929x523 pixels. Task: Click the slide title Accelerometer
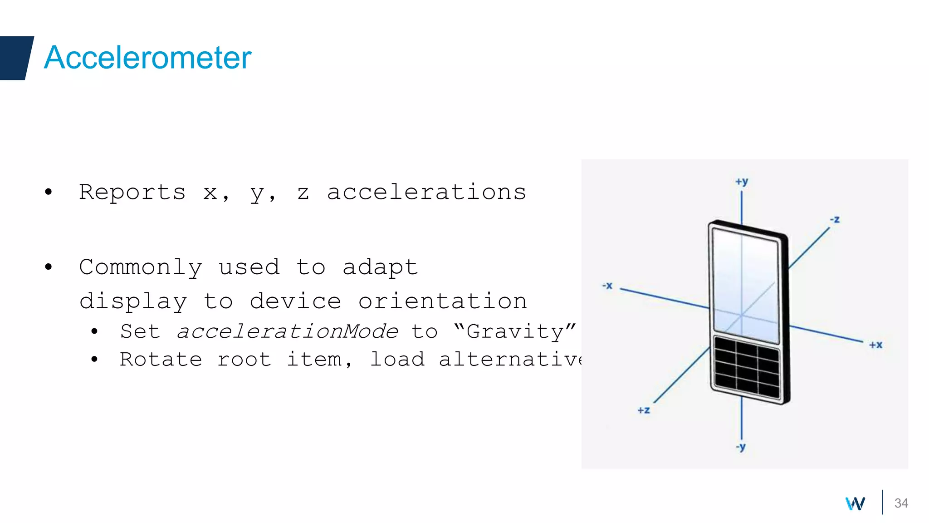coord(147,58)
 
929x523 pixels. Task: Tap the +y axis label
coord(742,182)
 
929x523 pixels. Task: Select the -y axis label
coord(741,447)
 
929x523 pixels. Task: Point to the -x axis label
coord(607,286)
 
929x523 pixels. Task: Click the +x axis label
coord(875,345)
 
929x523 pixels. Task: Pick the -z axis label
coord(835,220)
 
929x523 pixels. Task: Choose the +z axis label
coord(644,410)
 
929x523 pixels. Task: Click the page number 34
coord(901,503)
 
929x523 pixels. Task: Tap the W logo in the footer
coord(855,503)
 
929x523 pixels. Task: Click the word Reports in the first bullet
coord(132,192)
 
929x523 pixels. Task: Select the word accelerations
coord(426,192)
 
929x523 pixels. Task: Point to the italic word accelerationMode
coord(287,331)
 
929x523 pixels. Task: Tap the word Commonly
coord(141,267)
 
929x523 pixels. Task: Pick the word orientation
coord(442,301)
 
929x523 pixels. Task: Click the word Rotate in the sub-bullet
coord(161,360)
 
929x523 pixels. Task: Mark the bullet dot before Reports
coord(49,192)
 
